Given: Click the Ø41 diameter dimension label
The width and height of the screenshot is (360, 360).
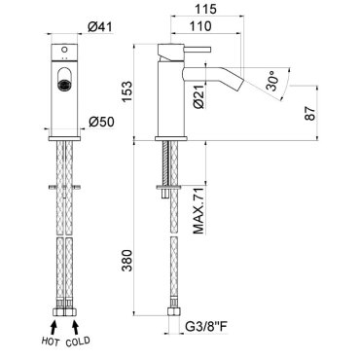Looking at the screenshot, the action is point(100,27).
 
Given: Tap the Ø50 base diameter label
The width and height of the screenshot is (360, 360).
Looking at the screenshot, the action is point(101,122).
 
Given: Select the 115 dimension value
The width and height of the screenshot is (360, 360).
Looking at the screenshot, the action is point(205,9).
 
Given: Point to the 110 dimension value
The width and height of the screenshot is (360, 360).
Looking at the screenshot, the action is point(201,25).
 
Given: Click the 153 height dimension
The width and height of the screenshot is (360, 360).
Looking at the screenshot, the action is point(126,91).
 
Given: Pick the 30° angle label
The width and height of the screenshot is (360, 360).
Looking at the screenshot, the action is point(271,82).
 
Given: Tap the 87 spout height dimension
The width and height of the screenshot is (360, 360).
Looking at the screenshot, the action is point(310,113).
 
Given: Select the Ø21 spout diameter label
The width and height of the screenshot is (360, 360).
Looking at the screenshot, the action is point(199,96).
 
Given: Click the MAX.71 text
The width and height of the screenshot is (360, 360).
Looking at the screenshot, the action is point(198,211).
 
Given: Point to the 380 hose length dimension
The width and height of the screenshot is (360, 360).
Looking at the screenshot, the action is point(126,261).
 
